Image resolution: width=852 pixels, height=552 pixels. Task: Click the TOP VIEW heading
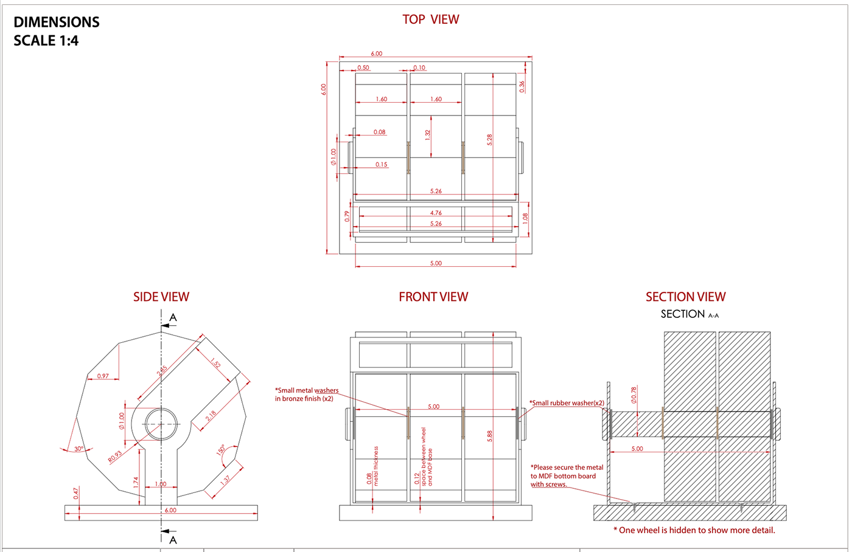click(430, 19)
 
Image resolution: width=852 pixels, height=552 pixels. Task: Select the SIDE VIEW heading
click(161, 297)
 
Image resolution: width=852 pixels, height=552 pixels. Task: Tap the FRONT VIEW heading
click(433, 297)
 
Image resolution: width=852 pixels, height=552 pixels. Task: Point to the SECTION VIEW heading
click(685, 297)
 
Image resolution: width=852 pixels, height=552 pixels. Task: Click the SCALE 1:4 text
click(46, 41)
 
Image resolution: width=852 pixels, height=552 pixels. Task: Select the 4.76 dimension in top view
click(436, 213)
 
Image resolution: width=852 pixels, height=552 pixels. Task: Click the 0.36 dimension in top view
click(522, 87)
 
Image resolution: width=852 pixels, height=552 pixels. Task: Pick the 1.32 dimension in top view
click(428, 136)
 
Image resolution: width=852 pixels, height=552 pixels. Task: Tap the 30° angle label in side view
click(79, 449)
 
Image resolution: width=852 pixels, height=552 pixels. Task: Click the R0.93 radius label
click(115, 457)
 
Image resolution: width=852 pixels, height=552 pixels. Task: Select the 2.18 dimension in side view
click(211, 416)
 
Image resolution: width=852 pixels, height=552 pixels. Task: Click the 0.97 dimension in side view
click(103, 376)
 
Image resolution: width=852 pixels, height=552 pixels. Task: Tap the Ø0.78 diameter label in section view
click(634, 395)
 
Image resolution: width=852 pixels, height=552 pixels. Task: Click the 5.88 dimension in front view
click(489, 436)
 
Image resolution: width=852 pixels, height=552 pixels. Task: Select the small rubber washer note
click(567, 403)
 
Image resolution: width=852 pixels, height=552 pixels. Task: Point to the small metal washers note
click(307, 395)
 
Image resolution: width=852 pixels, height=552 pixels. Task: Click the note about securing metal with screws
click(567, 476)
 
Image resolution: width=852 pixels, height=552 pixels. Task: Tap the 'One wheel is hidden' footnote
click(694, 530)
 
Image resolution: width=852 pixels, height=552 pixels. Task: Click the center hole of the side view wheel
click(161, 424)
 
